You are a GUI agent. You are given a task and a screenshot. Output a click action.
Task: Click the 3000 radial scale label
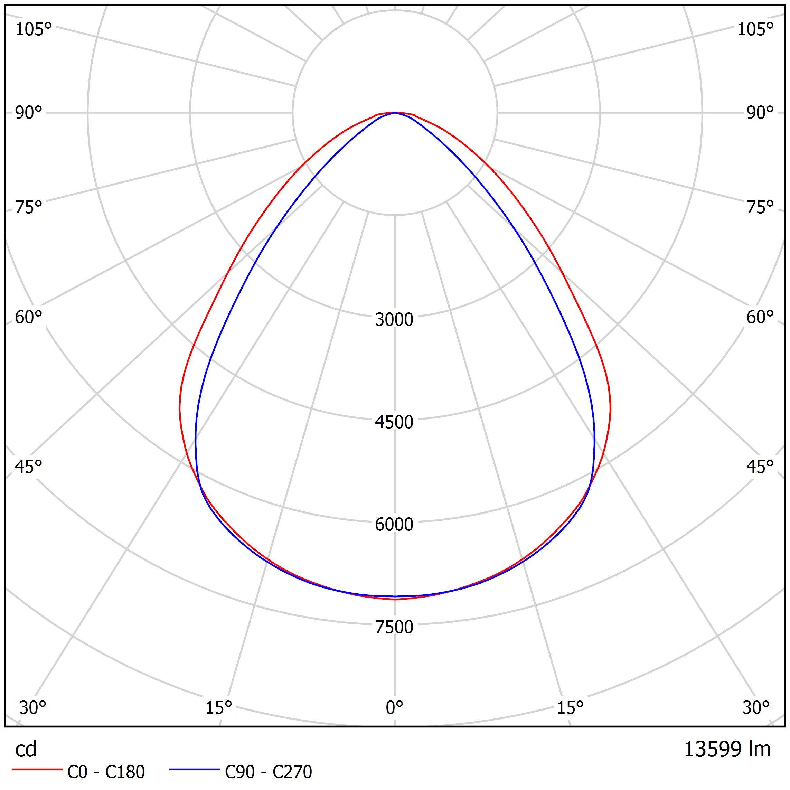click(x=394, y=319)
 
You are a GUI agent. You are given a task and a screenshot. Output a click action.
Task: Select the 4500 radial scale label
click(x=394, y=422)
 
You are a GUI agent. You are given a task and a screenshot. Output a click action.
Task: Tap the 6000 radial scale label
click(x=394, y=524)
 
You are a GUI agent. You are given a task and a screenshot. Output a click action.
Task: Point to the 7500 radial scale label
click(x=394, y=627)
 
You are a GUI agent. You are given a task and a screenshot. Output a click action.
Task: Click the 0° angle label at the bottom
click(x=394, y=707)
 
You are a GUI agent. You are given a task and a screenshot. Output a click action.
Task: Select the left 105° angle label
click(x=34, y=29)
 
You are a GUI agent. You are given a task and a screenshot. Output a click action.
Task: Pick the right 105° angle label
click(x=755, y=29)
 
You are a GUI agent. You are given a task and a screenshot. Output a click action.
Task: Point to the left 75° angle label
click(x=29, y=207)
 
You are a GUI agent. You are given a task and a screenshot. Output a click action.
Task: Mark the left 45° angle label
click(x=29, y=467)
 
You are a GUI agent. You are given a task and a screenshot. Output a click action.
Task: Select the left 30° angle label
click(x=33, y=707)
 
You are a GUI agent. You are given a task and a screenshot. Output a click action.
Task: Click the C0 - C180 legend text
click(x=106, y=772)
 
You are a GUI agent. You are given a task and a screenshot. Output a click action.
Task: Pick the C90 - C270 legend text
click(x=268, y=772)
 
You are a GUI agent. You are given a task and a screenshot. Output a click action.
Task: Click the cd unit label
click(x=26, y=749)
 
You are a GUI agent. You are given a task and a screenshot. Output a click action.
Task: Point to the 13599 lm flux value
click(x=727, y=749)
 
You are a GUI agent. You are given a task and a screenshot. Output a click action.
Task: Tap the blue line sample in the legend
click(x=195, y=770)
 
